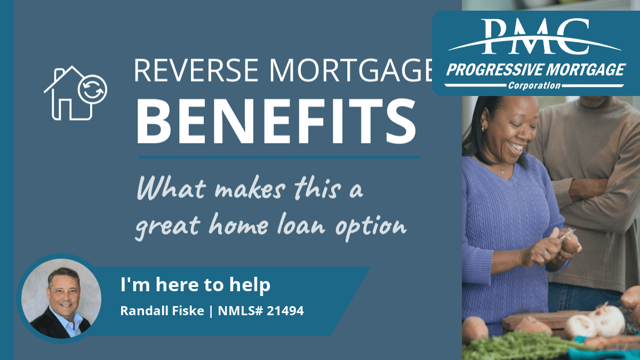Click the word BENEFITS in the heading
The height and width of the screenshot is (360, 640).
tap(276, 121)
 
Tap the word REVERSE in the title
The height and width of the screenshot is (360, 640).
tap(197, 70)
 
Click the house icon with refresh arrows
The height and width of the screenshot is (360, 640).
tap(75, 93)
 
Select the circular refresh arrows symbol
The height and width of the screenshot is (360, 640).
tap(92, 90)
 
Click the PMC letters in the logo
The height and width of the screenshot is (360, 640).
tap(535, 36)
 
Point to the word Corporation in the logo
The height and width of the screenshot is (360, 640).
tap(534, 85)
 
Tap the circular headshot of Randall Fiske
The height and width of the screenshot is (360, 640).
tap(61, 299)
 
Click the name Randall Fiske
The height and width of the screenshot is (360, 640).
tap(162, 311)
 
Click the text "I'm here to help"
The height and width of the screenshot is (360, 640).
tap(195, 285)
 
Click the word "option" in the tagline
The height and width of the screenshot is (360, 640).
tap(371, 228)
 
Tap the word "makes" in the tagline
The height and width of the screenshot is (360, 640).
tap(250, 189)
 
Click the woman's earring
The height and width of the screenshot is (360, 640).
tap(483, 129)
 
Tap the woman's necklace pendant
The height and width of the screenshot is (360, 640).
tap(502, 171)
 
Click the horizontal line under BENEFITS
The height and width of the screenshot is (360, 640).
tap(279, 157)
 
